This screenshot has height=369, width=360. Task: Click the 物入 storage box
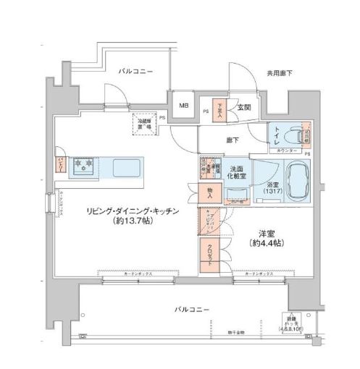pyautogui.click(x=209, y=193)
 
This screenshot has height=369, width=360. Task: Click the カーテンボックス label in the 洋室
pyautogui.click(x=258, y=275)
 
